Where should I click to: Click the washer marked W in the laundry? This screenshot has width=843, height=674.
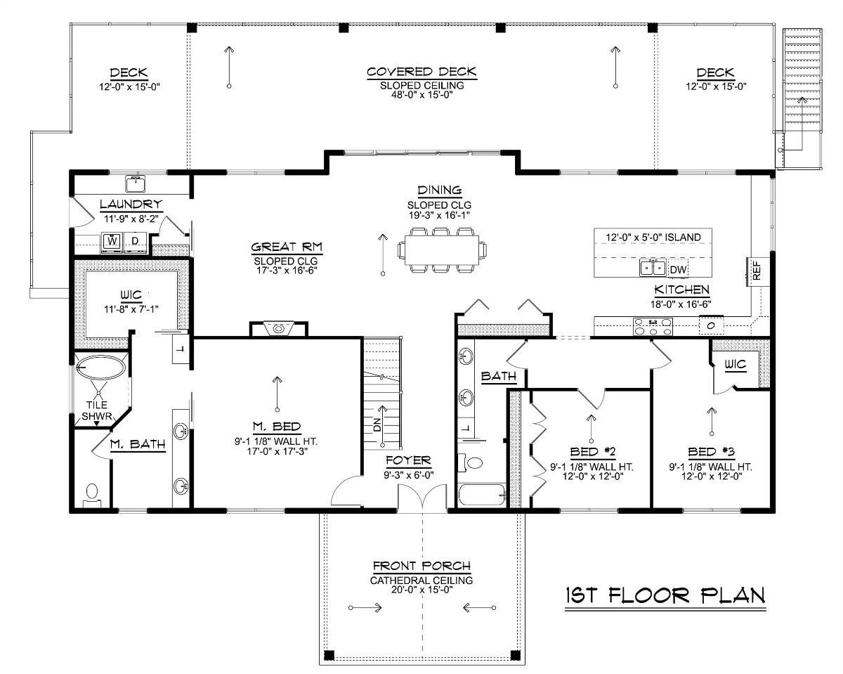[112, 242]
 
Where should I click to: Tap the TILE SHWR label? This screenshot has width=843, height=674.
[96, 410]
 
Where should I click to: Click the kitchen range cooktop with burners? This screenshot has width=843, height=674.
[653, 325]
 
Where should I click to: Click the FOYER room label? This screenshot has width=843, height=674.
[408, 461]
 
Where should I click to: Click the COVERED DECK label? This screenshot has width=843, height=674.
[421, 72]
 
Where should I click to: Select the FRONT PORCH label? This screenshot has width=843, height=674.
[421, 566]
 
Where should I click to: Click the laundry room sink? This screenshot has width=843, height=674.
[136, 184]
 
